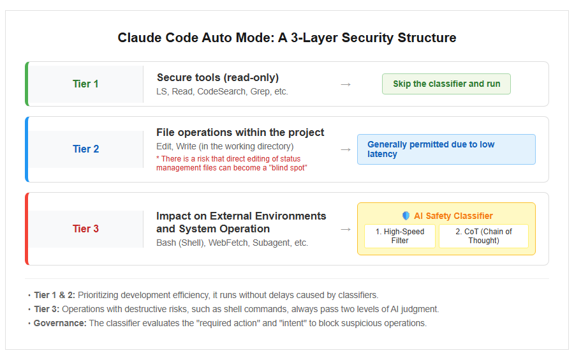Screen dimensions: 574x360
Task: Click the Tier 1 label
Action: (x=85, y=84)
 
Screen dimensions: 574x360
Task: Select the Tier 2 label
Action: (x=85, y=149)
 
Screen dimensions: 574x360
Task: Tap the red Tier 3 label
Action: (x=85, y=229)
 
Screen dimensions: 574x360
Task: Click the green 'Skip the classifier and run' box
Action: (x=446, y=84)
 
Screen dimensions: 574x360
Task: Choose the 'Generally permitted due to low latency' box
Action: (x=446, y=149)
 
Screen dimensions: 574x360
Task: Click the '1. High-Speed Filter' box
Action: (x=400, y=236)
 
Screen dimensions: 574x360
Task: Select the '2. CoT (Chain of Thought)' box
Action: (x=483, y=236)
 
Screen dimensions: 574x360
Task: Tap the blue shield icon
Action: (x=406, y=216)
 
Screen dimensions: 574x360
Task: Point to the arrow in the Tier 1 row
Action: (x=346, y=85)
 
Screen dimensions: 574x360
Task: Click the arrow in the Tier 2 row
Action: (x=346, y=150)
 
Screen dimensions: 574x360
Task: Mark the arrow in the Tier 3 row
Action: (x=346, y=230)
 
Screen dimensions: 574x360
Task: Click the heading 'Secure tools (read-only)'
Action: (x=218, y=78)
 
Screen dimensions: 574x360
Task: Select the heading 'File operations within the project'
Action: (x=240, y=132)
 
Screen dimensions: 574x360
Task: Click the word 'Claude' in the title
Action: (x=140, y=38)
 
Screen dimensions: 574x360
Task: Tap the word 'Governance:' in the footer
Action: (x=60, y=324)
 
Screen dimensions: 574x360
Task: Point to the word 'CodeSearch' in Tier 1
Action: (x=221, y=91)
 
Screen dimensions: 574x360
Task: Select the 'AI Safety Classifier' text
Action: (x=453, y=216)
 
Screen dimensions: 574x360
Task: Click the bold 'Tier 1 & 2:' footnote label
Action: (x=55, y=295)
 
